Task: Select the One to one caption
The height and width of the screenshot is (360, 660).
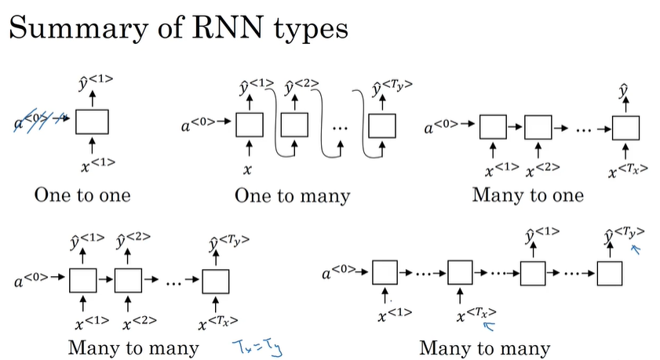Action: [x=82, y=195]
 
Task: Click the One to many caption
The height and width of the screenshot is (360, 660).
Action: [x=292, y=195]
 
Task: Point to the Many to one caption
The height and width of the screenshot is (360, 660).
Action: [x=527, y=195]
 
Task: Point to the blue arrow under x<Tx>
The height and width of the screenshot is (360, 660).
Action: [x=491, y=328]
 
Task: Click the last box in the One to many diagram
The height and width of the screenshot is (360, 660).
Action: [x=383, y=124]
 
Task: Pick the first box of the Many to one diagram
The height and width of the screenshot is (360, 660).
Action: [x=492, y=125]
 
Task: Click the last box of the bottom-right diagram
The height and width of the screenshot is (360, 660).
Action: [x=610, y=273]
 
